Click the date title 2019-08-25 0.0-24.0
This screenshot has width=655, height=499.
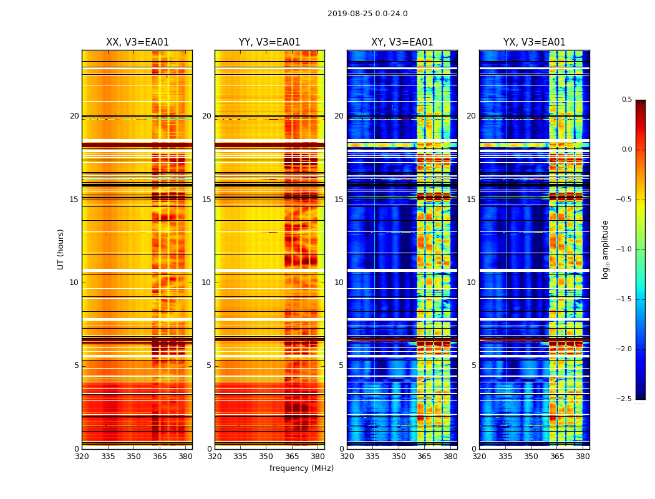[x=367, y=14]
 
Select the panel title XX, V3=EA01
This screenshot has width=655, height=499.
[x=137, y=42]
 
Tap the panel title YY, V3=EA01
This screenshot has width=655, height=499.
[x=269, y=42]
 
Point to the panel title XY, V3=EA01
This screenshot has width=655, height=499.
[x=402, y=42]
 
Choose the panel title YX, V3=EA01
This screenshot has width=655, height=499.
[x=535, y=42]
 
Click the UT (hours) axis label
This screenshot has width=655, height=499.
[x=61, y=249]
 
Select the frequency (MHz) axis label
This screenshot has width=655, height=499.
[x=301, y=468]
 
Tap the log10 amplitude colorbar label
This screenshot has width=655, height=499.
[x=605, y=249]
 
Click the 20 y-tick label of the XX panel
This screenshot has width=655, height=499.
[x=74, y=116]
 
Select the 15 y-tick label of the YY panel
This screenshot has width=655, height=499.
[x=206, y=200]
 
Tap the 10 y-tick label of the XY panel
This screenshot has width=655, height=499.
[x=339, y=283]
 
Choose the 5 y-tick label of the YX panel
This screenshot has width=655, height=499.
[x=474, y=366]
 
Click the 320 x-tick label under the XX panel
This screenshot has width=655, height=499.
[x=82, y=457]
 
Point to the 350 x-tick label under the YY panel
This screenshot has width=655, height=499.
[x=266, y=457]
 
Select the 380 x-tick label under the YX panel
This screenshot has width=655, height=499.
[x=583, y=457]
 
